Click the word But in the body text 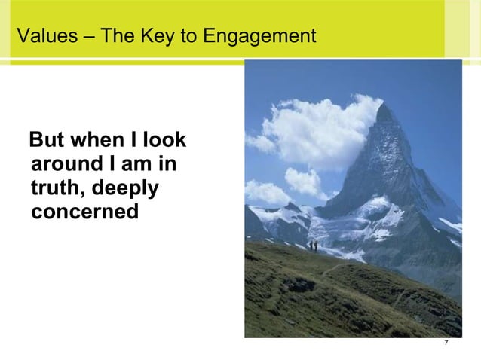46,142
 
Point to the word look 168,142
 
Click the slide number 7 446,344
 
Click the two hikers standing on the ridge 312,245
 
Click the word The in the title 114,35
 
